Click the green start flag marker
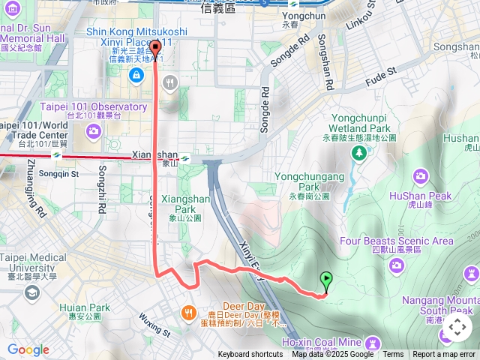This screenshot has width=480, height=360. point(326,280)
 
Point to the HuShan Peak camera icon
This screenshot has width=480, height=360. point(421,176)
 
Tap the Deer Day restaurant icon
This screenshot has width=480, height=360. point(188,313)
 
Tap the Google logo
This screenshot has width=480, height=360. point(28,349)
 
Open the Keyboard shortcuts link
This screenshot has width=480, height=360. point(250,355)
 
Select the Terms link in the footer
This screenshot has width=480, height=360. point(393,355)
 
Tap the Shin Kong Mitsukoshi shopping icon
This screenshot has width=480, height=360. point(136,74)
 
